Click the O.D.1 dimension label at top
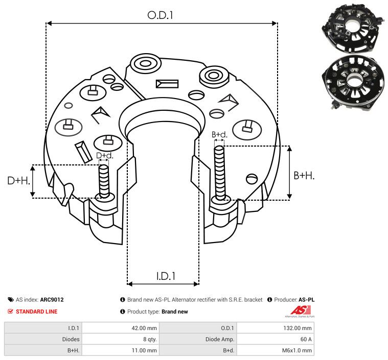(161, 15)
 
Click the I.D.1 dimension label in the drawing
(166, 276)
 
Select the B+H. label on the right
(304, 176)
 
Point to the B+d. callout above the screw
(219, 135)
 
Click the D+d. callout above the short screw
(104, 155)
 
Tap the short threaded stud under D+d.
(104, 181)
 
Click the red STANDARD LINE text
(36, 311)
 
